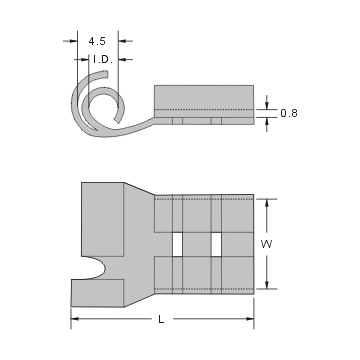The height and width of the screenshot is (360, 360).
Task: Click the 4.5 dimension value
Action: (97, 42)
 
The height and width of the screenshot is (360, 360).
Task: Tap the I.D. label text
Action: (100, 60)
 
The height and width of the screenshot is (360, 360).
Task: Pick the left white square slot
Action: (177, 244)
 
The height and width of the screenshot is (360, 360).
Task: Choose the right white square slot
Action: (216, 244)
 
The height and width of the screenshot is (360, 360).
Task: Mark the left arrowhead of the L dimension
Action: (75, 320)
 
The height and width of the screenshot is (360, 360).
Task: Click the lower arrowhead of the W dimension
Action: (267, 286)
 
